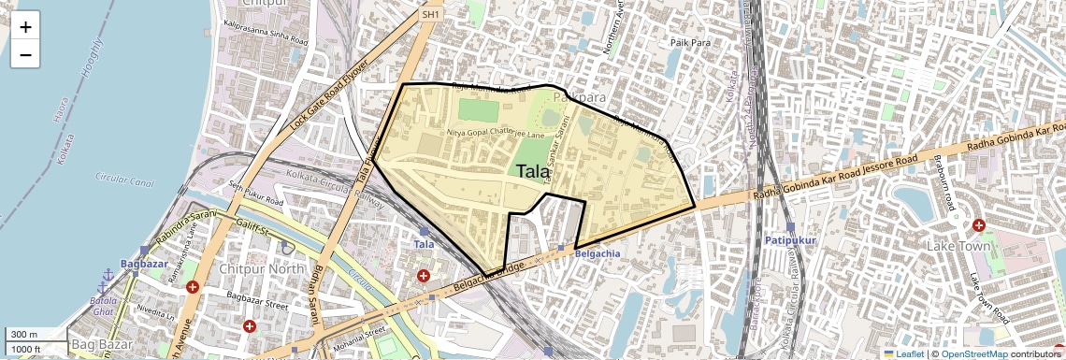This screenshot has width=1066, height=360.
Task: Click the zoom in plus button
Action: click(x=25, y=26)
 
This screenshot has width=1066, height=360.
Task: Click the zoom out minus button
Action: click(x=25, y=55)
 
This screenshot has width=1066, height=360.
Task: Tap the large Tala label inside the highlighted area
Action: click(x=533, y=171)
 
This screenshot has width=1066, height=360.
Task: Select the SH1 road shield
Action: click(x=430, y=15)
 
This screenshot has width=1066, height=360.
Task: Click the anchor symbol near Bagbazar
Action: click(x=107, y=275)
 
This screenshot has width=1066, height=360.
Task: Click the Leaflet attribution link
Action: click(x=904, y=353)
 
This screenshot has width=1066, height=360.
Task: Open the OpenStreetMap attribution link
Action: click(x=973, y=353)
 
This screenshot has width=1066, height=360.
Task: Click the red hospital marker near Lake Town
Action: click(x=979, y=225)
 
